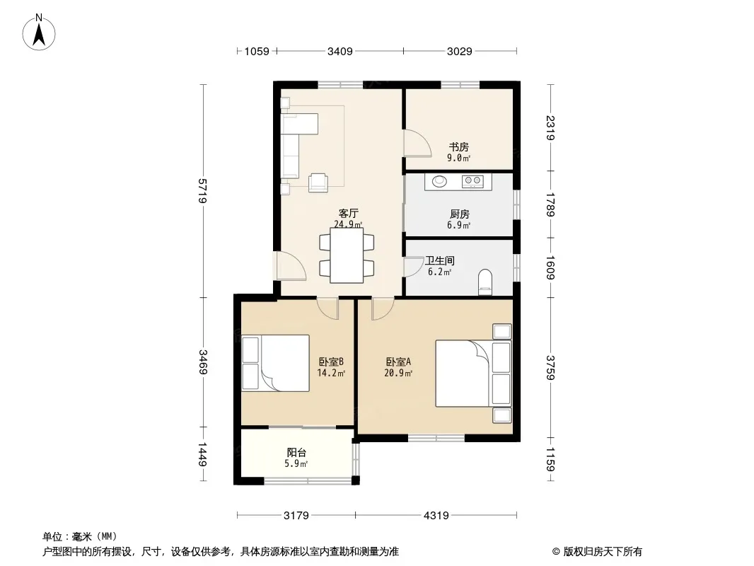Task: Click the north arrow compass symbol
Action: pos(39,33)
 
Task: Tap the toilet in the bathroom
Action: pos(485,282)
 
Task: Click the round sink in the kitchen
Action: pos(439,181)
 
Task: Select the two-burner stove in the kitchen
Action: pos(472,181)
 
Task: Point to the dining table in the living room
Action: pos(347,255)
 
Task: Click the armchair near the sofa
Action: pos(318,183)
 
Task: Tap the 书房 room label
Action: pos(459,146)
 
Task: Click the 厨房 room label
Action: pos(459,214)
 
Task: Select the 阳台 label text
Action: pos(296,453)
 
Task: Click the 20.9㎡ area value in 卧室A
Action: pos(398,373)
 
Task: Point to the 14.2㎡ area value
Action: pos(331,373)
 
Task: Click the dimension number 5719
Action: pos(203,190)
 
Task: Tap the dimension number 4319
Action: pos(436,516)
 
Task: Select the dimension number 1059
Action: pos(257,51)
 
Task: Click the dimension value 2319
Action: pos(551,128)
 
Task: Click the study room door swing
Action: pos(417,143)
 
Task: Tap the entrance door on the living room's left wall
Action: pos(290,265)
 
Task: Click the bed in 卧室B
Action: pos(276,363)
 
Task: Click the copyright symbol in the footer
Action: pos(556,552)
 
